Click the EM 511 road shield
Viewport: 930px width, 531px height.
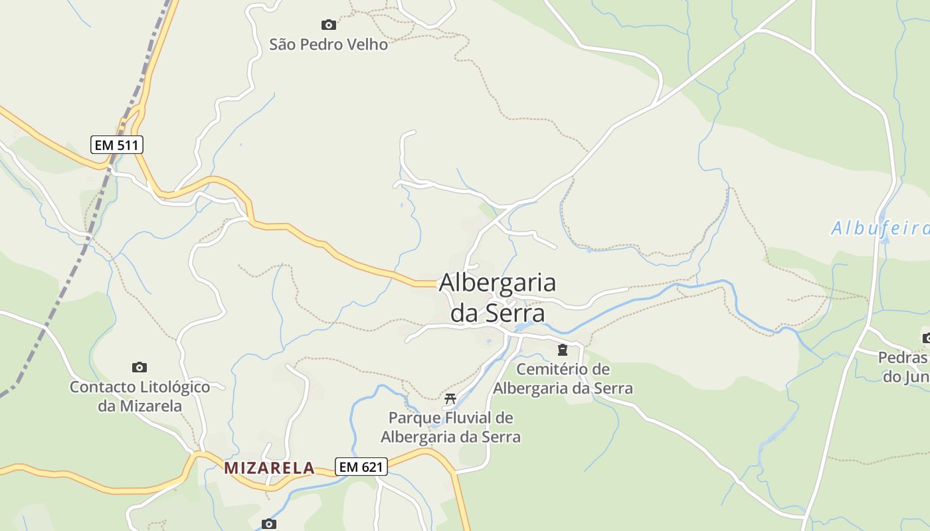pyautogui.click(x=117, y=144)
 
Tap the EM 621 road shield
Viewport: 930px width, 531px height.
pyautogui.click(x=361, y=467)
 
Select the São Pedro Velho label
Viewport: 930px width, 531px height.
pyautogui.click(x=328, y=44)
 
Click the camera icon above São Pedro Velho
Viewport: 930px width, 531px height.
pyautogui.click(x=328, y=25)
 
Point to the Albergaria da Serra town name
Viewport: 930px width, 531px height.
pyautogui.click(x=498, y=297)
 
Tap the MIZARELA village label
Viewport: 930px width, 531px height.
pyautogui.click(x=269, y=468)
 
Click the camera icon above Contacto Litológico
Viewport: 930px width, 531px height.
pyautogui.click(x=139, y=367)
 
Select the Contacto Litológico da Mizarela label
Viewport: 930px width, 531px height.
pyautogui.click(x=140, y=396)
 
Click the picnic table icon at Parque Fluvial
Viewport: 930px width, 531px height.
pyautogui.click(x=450, y=399)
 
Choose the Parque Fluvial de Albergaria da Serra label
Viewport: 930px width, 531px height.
pyautogui.click(x=450, y=427)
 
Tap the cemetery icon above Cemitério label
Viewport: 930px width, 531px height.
pyautogui.click(x=563, y=350)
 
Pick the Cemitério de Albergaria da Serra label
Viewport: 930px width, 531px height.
pyautogui.click(x=563, y=378)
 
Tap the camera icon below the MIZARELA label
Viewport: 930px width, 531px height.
pyautogui.click(x=268, y=524)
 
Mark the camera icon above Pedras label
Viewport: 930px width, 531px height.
pyautogui.click(x=926, y=339)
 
